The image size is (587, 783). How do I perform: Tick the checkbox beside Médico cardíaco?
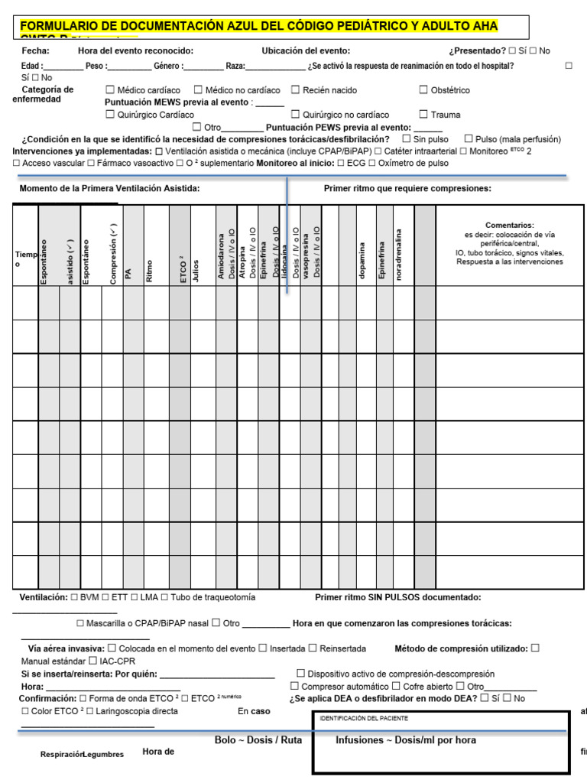click(x=110, y=90)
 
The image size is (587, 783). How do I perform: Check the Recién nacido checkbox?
click(x=295, y=90)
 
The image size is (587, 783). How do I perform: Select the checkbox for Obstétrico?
click(x=423, y=90)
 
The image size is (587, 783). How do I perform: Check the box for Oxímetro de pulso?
click(x=372, y=163)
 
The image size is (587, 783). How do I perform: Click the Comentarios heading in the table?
click(x=509, y=225)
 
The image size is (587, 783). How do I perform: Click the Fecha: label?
click(x=36, y=50)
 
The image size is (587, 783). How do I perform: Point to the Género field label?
click(x=168, y=66)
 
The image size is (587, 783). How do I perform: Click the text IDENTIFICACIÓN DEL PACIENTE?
click(x=363, y=719)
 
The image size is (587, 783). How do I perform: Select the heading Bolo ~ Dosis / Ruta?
click(x=258, y=740)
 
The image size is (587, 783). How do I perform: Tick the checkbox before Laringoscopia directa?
click(x=90, y=711)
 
